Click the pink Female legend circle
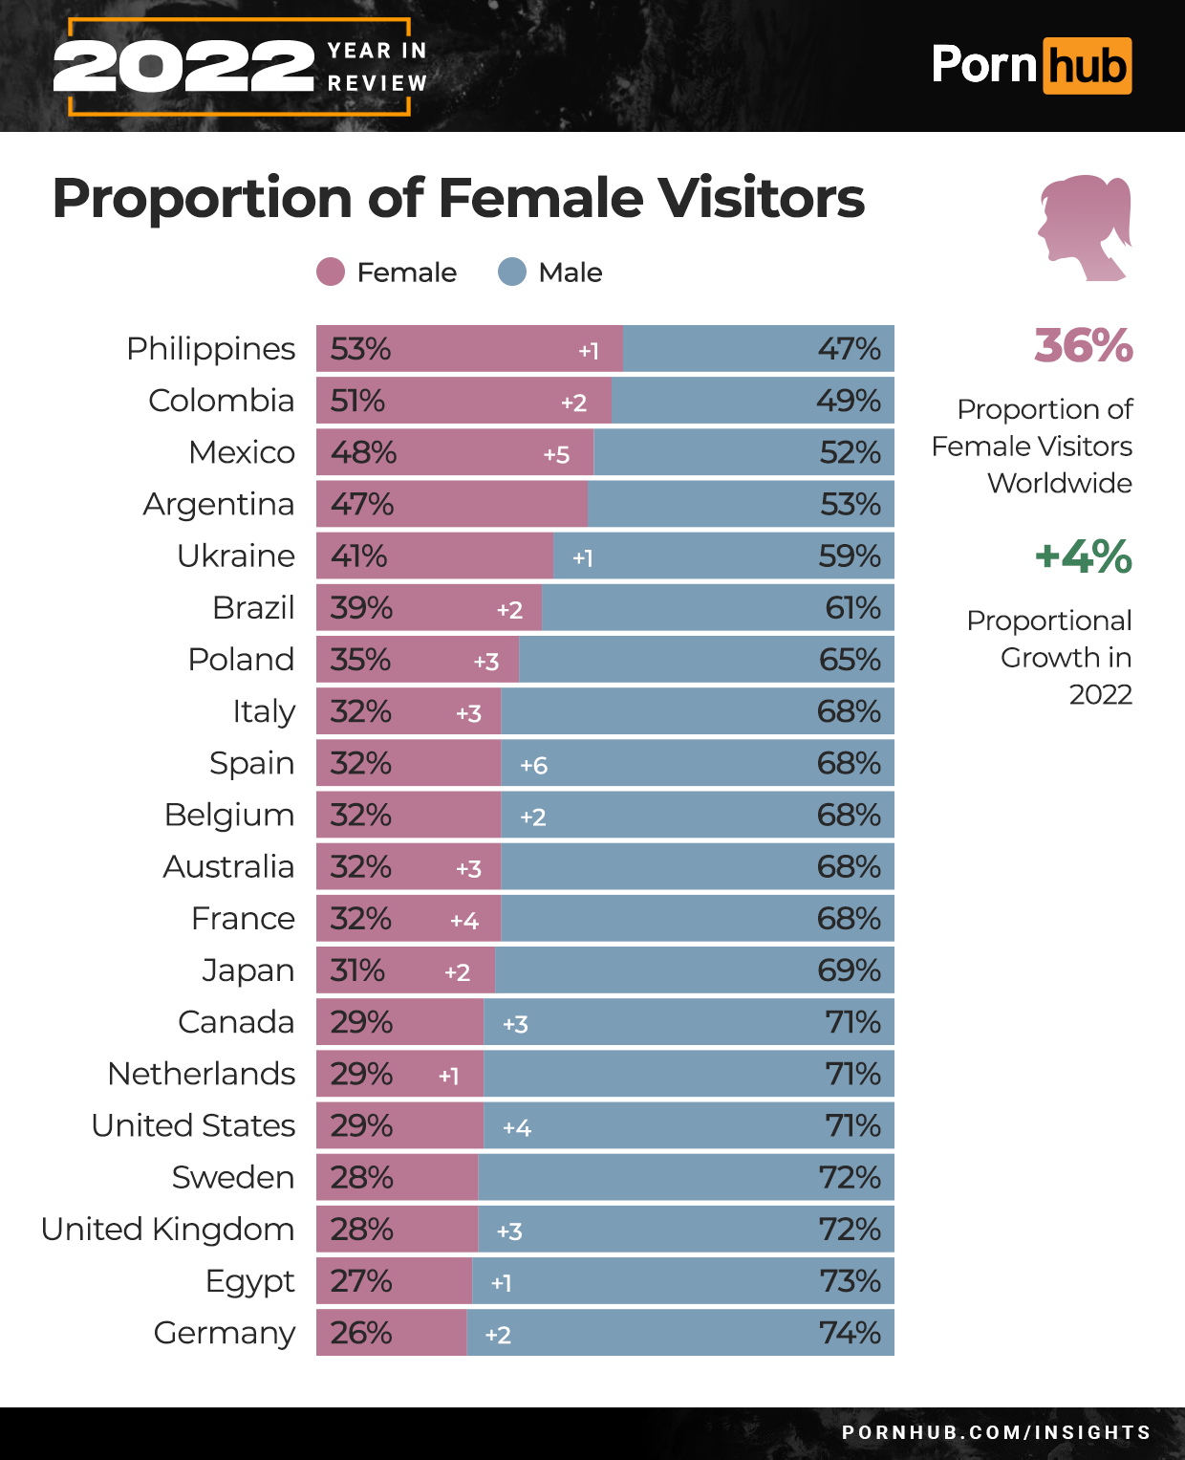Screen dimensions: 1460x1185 pos(330,272)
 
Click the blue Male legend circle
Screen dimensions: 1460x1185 pos(512,272)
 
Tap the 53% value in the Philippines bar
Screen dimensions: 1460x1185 pos(360,349)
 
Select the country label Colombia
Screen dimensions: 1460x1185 pos(221,401)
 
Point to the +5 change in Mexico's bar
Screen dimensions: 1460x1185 pos(556,454)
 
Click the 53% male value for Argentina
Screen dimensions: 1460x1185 pos(850,504)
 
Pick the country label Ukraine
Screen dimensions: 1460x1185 pos(235,556)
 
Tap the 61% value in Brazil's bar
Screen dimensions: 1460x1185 pos(852,608)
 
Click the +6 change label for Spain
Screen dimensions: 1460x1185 pos(533,765)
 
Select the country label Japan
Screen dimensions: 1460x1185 pos(248,970)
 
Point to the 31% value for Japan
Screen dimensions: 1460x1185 pos(357,970)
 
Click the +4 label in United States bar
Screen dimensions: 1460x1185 pos(516,1127)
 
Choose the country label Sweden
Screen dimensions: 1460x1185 pos(232,1177)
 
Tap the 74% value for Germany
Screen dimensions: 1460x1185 pos(850,1333)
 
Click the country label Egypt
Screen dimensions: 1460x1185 pos(249,1281)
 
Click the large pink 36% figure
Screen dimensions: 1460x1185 pos(1083,346)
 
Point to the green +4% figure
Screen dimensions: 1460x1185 pos(1083,556)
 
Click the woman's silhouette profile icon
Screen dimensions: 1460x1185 pos(1085,227)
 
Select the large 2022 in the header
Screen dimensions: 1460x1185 pos(183,67)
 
